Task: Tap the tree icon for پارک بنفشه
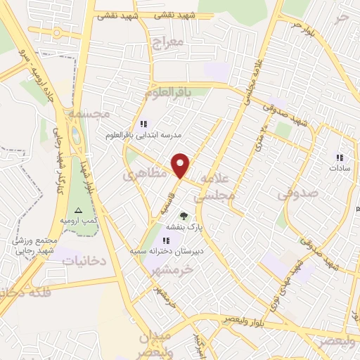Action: coord(184,216)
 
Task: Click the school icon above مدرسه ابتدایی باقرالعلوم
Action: coord(144,124)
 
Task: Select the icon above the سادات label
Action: coord(339,157)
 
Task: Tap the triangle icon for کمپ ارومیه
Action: coord(78,210)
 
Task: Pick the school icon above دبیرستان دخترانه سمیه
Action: coord(167,240)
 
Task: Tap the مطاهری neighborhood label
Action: coord(146,172)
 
